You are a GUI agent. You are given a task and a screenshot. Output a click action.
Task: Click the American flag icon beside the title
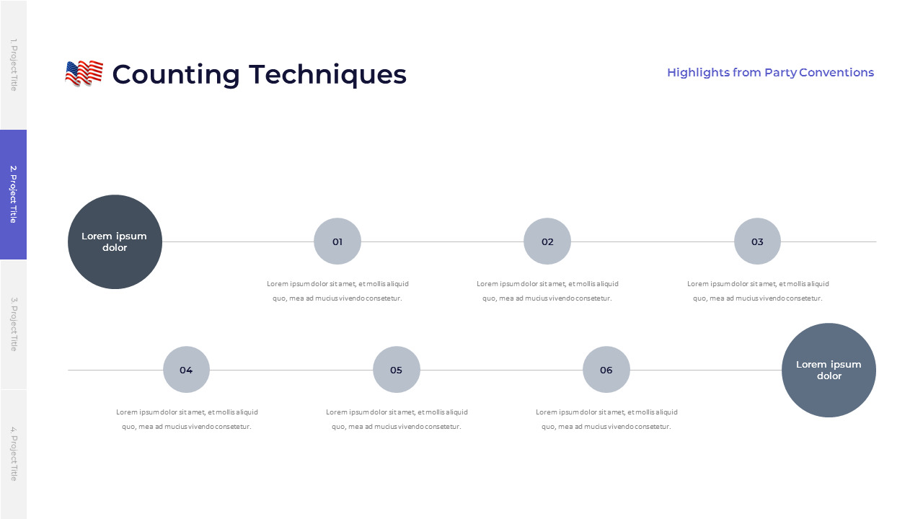[x=84, y=74]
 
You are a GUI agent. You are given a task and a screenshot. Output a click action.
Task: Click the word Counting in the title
[x=176, y=75]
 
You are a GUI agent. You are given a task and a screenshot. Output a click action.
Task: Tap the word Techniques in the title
[x=327, y=75]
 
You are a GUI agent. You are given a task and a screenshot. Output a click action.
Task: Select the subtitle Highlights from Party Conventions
[x=770, y=73]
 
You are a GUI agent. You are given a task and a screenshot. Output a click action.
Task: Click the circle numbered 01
[x=337, y=241]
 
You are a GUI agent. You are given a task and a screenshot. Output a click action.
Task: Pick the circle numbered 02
[x=547, y=241]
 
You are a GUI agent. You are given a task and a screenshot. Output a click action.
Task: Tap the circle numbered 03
[x=757, y=241]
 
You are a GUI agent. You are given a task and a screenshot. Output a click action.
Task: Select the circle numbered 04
[x=186, y=370]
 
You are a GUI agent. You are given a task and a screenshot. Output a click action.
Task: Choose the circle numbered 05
[x=397, y=370]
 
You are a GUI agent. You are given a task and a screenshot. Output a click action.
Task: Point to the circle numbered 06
[x=606, y=370]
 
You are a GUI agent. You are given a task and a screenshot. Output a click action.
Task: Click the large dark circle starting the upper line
[x=115, y=241]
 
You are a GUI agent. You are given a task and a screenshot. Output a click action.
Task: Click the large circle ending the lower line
[x=829, y=371]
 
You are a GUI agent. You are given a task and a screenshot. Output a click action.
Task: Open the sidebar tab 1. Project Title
[x=14, y=65]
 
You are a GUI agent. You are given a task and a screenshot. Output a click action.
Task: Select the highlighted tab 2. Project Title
[x=14, y=195]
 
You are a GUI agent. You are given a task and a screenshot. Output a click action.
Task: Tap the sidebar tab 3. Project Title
[x=14, y=324]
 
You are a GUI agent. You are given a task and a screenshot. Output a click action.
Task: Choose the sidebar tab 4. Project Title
[x=14, y=455]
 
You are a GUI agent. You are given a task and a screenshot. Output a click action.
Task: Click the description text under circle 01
[x=337, y=290]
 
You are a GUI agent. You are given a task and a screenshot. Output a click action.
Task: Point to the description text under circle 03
[x=758, y=290]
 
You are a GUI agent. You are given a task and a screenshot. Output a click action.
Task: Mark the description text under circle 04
[x=187, y=420]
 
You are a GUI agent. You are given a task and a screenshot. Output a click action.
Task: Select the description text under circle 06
[x=606, y=420]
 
